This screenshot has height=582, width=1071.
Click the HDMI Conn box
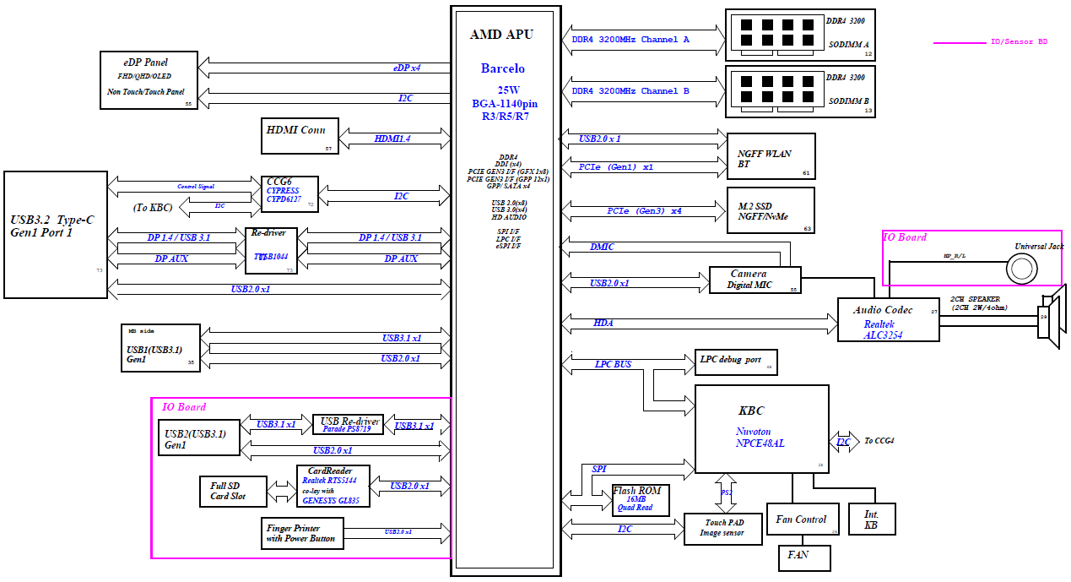pos(300,135)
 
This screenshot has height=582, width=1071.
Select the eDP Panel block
pos(149,79)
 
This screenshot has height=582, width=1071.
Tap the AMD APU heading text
pos(501,35)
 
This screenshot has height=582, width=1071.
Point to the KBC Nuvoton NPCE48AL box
pos(761,429)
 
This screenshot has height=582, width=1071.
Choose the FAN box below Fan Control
pos(804,558)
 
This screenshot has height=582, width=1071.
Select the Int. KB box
pos(872,519)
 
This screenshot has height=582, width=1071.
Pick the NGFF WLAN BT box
pos(771,156)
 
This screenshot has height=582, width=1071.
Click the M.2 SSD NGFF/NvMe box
pos(771,210)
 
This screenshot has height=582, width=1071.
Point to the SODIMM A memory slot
pos(799,35)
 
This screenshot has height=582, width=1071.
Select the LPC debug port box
pos(735,362)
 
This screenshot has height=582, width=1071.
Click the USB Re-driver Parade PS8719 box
pos(347,425)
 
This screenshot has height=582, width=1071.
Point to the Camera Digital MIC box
pos(753,280)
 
